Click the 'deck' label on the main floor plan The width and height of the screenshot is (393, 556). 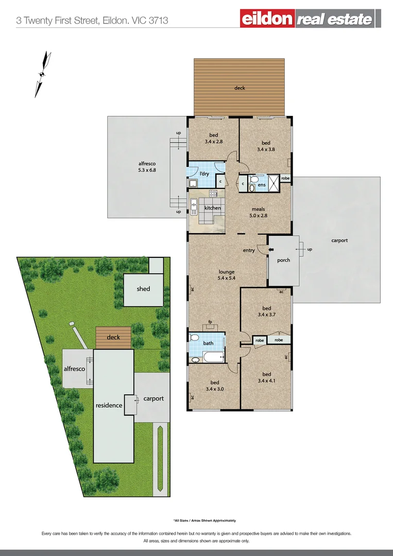coord(240,88)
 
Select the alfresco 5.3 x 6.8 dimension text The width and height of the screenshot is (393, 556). coord(133,170)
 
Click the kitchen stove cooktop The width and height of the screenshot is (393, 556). coord(213,194)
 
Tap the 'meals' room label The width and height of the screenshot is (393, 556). coord(258,210)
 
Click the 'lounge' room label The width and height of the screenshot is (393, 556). coord(226,272)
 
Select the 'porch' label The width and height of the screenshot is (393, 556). coord(283,260)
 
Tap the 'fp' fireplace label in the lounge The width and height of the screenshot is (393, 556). coord(210,322)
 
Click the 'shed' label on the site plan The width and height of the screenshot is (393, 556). coord(143,289)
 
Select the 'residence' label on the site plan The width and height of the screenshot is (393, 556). coord(109,405)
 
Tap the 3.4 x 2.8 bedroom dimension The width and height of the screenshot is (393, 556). coord(213,142)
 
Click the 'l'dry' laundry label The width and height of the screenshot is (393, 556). coord(204,173)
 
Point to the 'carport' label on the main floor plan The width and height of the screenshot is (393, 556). coord(339,240)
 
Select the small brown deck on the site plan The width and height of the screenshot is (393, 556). coord(113,338)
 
